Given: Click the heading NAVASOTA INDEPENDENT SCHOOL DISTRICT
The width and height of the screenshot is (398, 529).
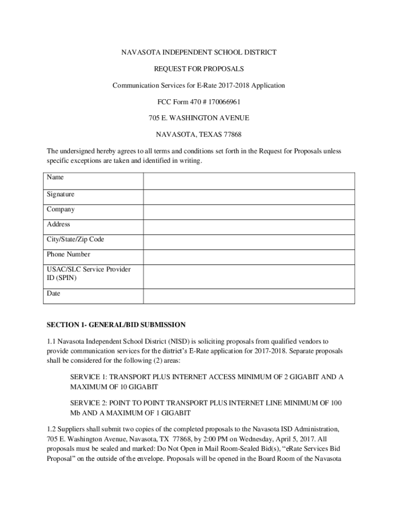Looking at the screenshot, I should pyautogui.click(x=199, y=52).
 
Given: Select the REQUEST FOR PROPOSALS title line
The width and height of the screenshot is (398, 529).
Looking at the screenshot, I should pyautogui.click(x=199, y=69).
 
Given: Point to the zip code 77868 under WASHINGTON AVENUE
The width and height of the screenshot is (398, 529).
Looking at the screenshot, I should pyautogui.click(x=232, y=135).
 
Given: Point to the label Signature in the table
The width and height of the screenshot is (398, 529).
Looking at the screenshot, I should pyautogui.click(x=60, y=195).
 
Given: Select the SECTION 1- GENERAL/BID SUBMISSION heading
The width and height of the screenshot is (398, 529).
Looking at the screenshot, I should pyautogui.click(x=116, y=325).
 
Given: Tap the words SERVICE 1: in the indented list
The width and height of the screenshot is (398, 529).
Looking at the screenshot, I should pyautogui.click(x=88, y=377).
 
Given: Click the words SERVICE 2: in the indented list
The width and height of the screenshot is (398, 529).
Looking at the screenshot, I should pyautogui.click(x=88, y=403).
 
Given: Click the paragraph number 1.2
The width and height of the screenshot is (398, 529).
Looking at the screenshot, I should pyautogui.click(x=51, y=429).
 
